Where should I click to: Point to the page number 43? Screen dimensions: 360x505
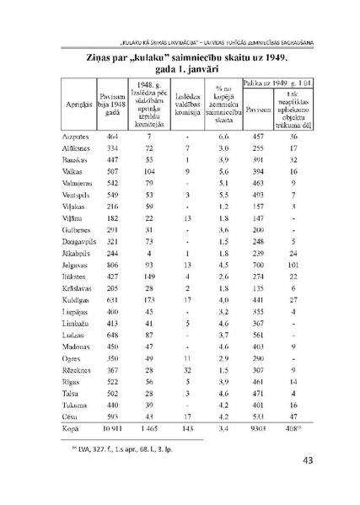309,460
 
